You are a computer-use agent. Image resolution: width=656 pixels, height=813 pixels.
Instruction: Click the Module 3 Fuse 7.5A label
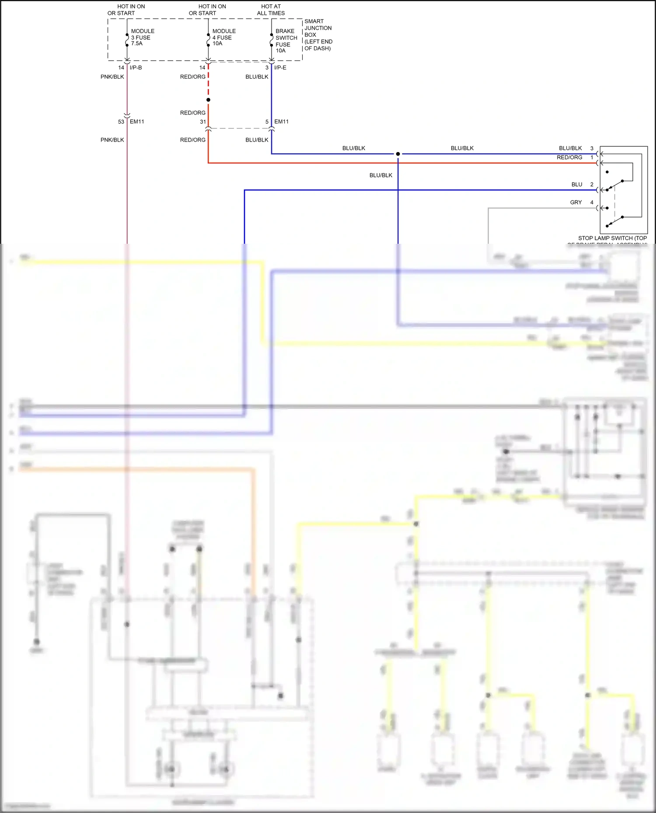(x=142, y=37)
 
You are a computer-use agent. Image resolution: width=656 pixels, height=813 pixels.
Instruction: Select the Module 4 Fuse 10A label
(x=223, y=37)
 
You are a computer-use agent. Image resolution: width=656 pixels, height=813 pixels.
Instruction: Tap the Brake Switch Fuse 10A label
(x=286, y=41)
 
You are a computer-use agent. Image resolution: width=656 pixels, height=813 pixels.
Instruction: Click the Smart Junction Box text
(x=318, y=35)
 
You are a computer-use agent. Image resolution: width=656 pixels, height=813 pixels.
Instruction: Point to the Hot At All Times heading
(x=271, y=10)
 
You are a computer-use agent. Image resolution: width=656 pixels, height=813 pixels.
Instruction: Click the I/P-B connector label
(x=136, y=68)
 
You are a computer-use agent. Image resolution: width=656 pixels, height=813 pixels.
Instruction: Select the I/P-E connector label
(x=280, y=68)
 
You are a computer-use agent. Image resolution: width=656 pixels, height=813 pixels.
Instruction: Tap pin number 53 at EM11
(x=121, y=121)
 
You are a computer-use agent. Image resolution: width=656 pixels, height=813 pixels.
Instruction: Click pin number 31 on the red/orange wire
(x=203, y=122)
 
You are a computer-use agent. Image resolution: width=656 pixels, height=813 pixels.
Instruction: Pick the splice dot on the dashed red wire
(x=208, y=100)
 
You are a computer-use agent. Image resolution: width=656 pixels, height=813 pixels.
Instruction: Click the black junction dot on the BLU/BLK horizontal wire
(x=398, y=154)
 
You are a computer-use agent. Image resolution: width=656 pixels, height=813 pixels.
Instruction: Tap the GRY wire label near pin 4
(x=576, y=202)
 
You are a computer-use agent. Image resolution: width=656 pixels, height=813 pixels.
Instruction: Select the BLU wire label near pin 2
(x=576, y=184)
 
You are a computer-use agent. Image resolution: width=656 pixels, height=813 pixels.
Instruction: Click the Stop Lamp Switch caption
(x=612, y=239)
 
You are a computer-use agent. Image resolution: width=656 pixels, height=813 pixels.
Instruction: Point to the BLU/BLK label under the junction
(x=380, y=175)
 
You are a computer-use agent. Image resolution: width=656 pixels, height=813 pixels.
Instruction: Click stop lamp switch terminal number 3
(x=592, y=148)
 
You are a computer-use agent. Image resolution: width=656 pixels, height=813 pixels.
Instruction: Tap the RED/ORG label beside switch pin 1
(x=569, y=157)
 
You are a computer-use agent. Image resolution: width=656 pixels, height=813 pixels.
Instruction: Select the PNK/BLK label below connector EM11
(x=112, y=140)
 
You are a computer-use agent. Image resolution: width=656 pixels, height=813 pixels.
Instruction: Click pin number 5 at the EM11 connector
(x=267, y=122)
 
